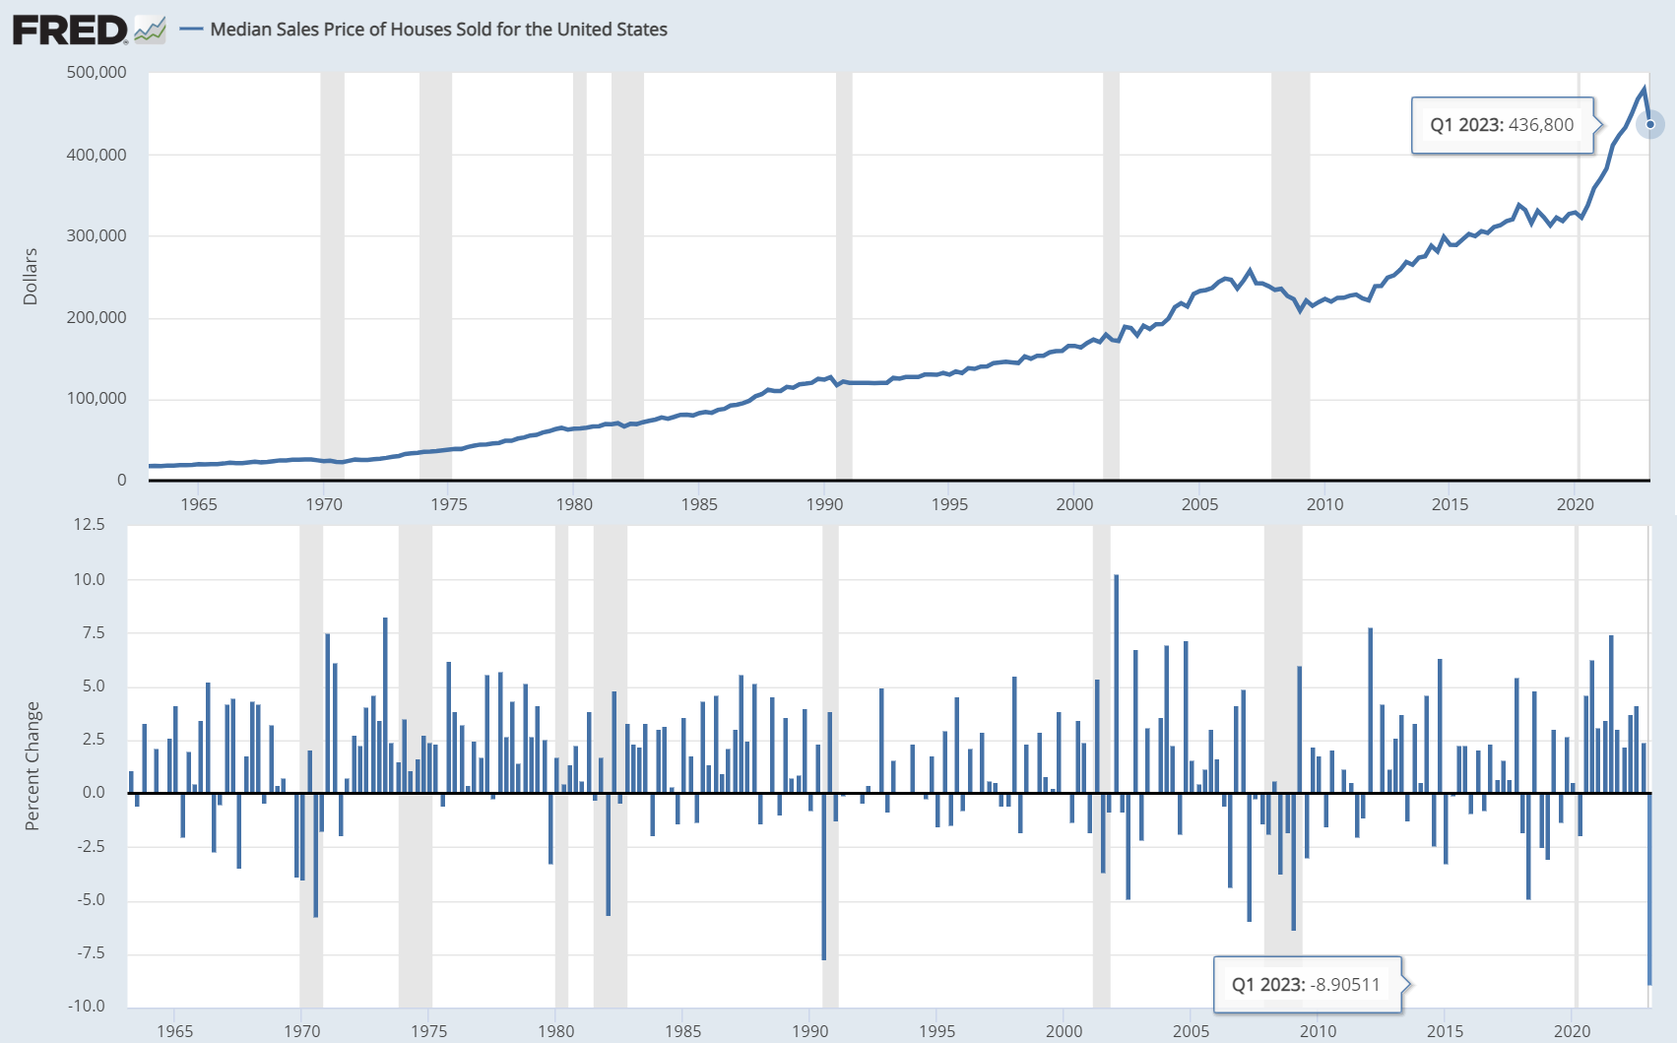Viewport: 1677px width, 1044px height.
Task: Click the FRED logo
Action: (x=71, y=30)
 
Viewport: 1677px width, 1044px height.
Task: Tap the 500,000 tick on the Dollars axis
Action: (x=97, y=72)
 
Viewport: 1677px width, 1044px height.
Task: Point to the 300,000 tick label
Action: (x=97, y=235)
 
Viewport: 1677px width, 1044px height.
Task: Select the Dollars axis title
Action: (x=31, y=277)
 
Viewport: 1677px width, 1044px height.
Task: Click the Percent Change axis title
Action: (x=32, y=766)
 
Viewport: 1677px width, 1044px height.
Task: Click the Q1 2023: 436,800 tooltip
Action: (x=1502, y=125)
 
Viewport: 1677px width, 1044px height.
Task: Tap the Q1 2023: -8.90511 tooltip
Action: (x=1306, y=985)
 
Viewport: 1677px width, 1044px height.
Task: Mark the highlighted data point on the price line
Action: (x=1650, y=124)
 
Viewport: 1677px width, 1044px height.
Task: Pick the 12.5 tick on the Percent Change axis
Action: (x=89, y=524)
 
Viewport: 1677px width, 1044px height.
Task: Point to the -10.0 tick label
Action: (x=87, y=1006)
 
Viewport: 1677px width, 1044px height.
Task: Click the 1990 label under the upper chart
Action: (x=824, y=504)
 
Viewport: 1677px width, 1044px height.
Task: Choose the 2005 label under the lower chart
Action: (x=1191, y=1031)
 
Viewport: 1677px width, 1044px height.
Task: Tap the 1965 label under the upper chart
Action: (x=199, y=504)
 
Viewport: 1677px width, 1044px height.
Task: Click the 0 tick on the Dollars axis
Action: (x=121, y=480)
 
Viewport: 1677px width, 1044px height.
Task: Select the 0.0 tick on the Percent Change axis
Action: (x=94, y=793)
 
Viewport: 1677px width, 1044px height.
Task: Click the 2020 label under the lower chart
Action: (x=1572, y=1031)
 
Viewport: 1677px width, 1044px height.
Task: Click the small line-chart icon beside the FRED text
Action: (x=150, y=31)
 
